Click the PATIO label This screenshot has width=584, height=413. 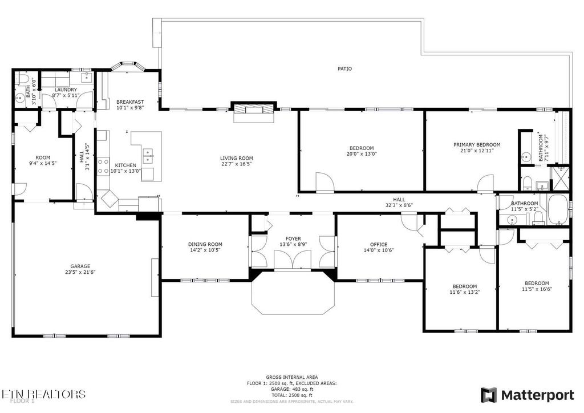(344, 68)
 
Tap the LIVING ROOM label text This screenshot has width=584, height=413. (236, 158)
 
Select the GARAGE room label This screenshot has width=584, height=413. (80, 266)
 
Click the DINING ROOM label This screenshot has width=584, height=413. (205, 244)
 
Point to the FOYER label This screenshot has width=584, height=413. (293, 238)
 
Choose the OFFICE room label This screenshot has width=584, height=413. (379, 244)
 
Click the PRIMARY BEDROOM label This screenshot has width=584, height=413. (477, 145)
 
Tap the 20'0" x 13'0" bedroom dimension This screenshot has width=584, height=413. (362, 153)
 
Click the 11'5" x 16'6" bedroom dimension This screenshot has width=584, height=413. (537, 289)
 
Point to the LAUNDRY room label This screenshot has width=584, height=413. (66, 90)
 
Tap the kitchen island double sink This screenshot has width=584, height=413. (148, 153)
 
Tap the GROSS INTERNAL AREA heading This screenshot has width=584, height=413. (292, 377)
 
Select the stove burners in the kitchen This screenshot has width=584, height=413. (104, 165)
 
